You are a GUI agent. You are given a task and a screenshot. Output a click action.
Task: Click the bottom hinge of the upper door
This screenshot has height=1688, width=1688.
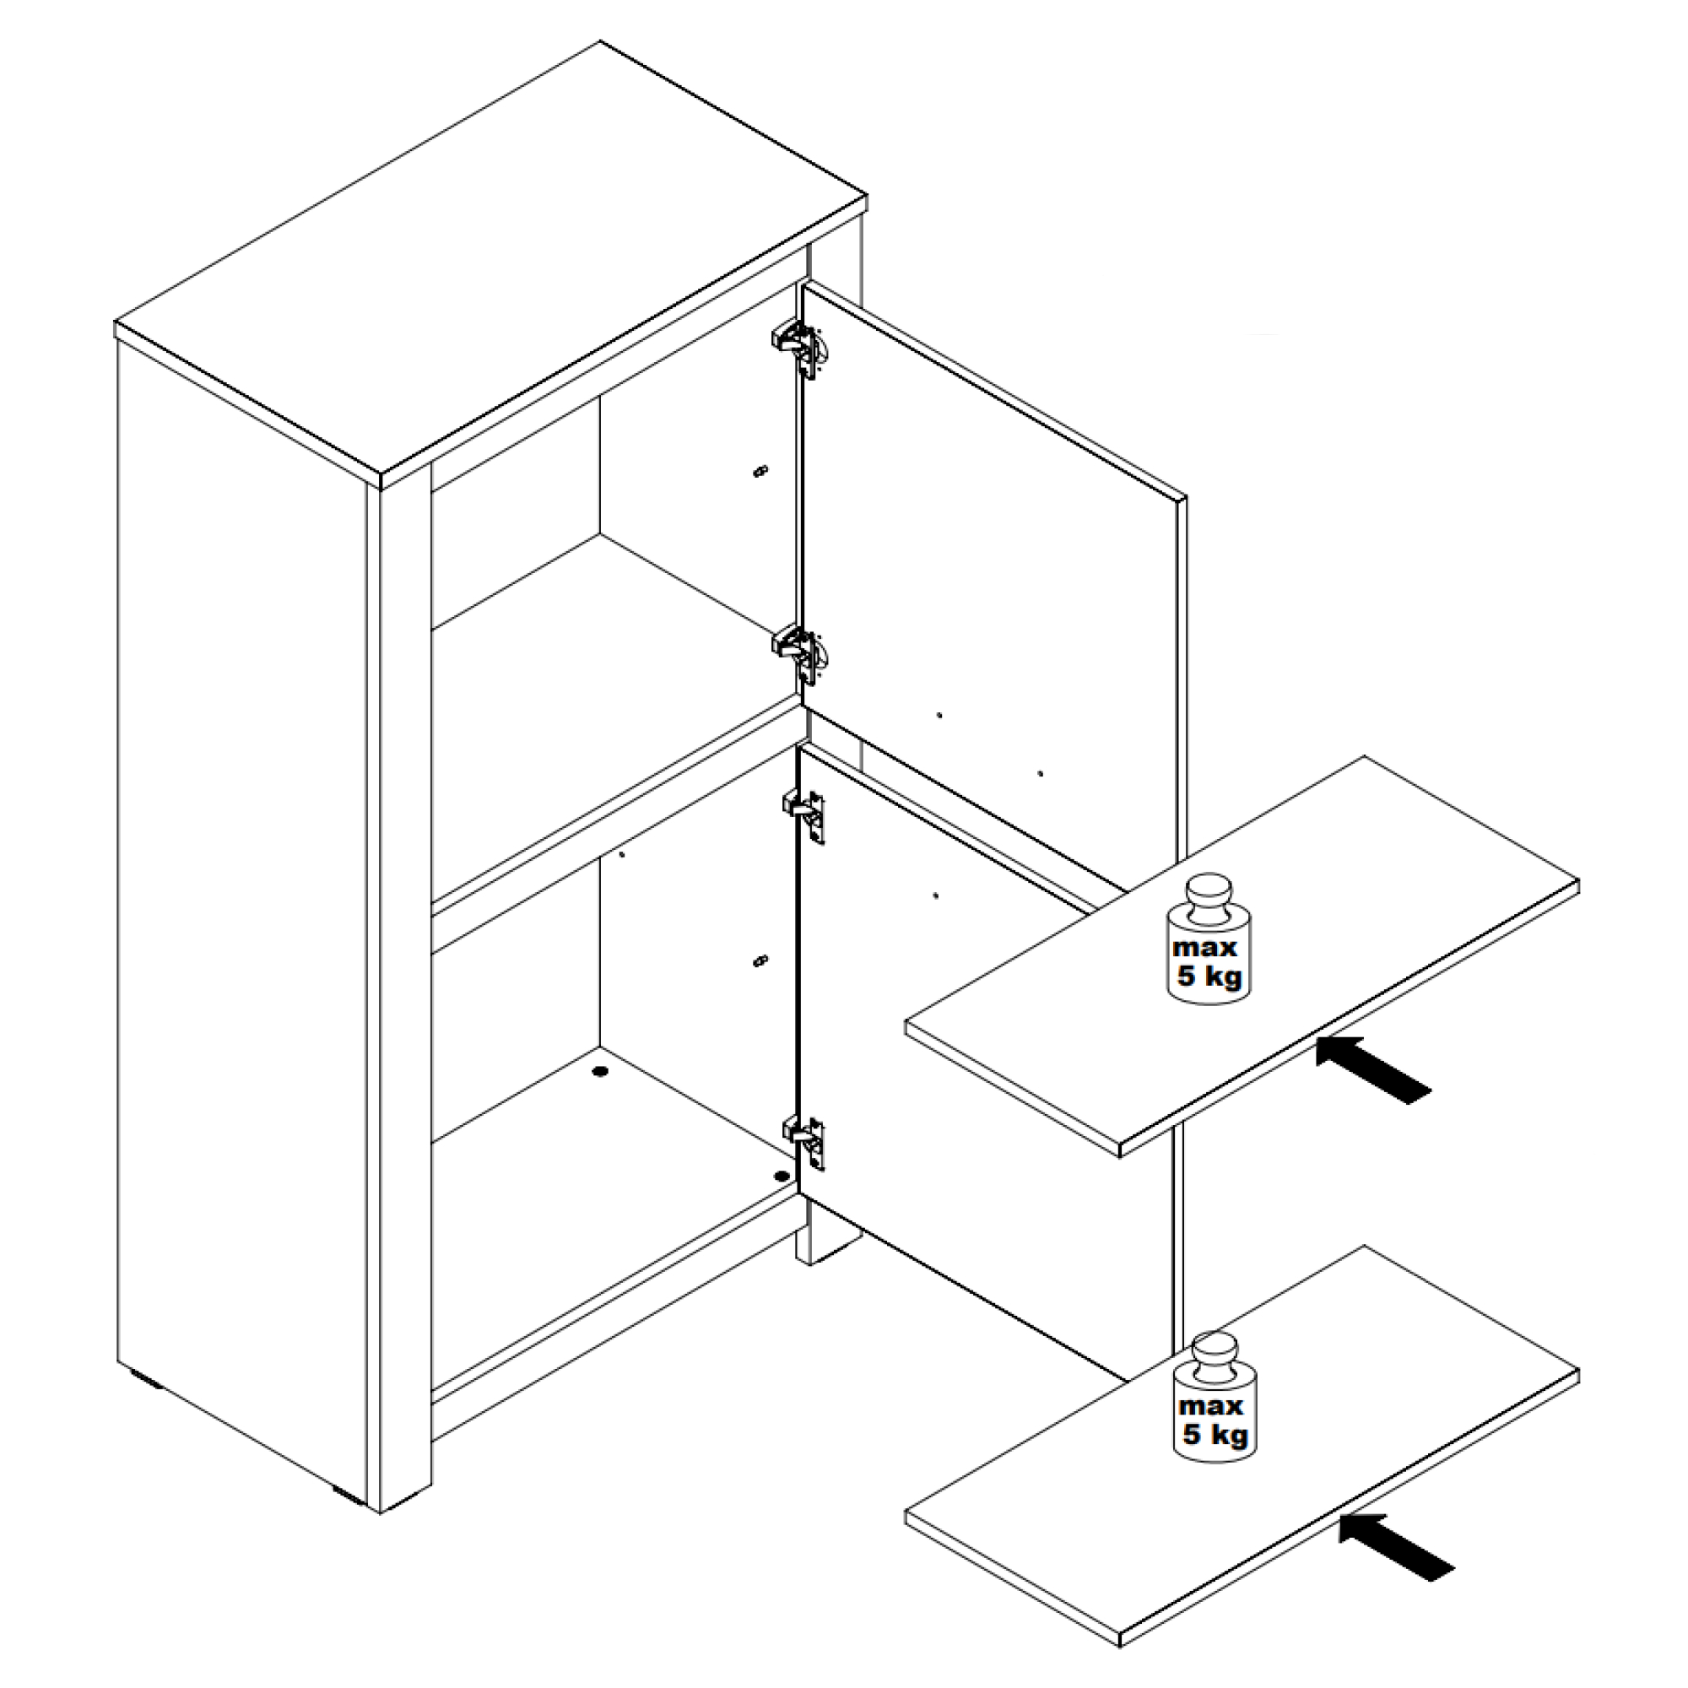click(800, 652)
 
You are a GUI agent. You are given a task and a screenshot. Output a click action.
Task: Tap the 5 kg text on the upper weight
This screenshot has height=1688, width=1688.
click(1209, 975)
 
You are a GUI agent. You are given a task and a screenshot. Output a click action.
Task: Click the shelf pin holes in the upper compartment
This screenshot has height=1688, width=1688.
click(760, 472)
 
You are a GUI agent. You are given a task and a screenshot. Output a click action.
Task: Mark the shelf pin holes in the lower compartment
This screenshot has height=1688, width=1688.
click(760, 962)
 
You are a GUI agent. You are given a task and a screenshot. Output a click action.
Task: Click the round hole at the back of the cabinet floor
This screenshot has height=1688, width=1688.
click(599, 1071)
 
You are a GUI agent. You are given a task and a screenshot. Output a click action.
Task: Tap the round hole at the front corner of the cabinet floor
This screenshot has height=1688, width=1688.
click(780, 1176)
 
